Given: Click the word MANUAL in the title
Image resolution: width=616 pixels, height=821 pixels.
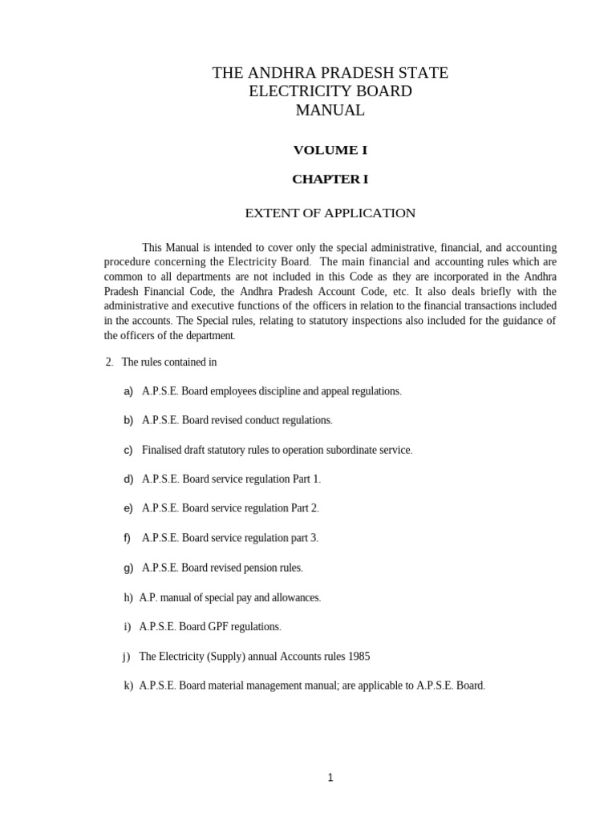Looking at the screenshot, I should click(x=330, y=111).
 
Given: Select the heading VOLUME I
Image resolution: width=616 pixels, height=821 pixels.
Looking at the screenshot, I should click(x=330, y=150).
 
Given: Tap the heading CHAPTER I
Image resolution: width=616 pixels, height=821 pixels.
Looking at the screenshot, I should click(x=330, y=179).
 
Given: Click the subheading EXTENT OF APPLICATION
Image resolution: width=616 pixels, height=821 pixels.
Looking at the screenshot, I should click(x=330, y=213).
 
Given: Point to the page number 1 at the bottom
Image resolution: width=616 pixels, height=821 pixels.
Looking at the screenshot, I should click(x=330, y=777).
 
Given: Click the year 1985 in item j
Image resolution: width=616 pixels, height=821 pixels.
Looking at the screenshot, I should click(x=359, y=656).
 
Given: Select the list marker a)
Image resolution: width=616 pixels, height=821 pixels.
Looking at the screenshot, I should click(x=128, y=391).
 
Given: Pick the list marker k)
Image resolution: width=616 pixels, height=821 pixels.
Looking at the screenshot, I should click(x=128, y=686).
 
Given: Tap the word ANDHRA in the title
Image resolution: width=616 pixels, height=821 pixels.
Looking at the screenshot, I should click(x=275, y=73).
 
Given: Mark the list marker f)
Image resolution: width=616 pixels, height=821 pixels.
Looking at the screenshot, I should click(x=127, y=538).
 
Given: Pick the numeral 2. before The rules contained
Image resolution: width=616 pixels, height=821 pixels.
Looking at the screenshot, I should click(x=109, y=362).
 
